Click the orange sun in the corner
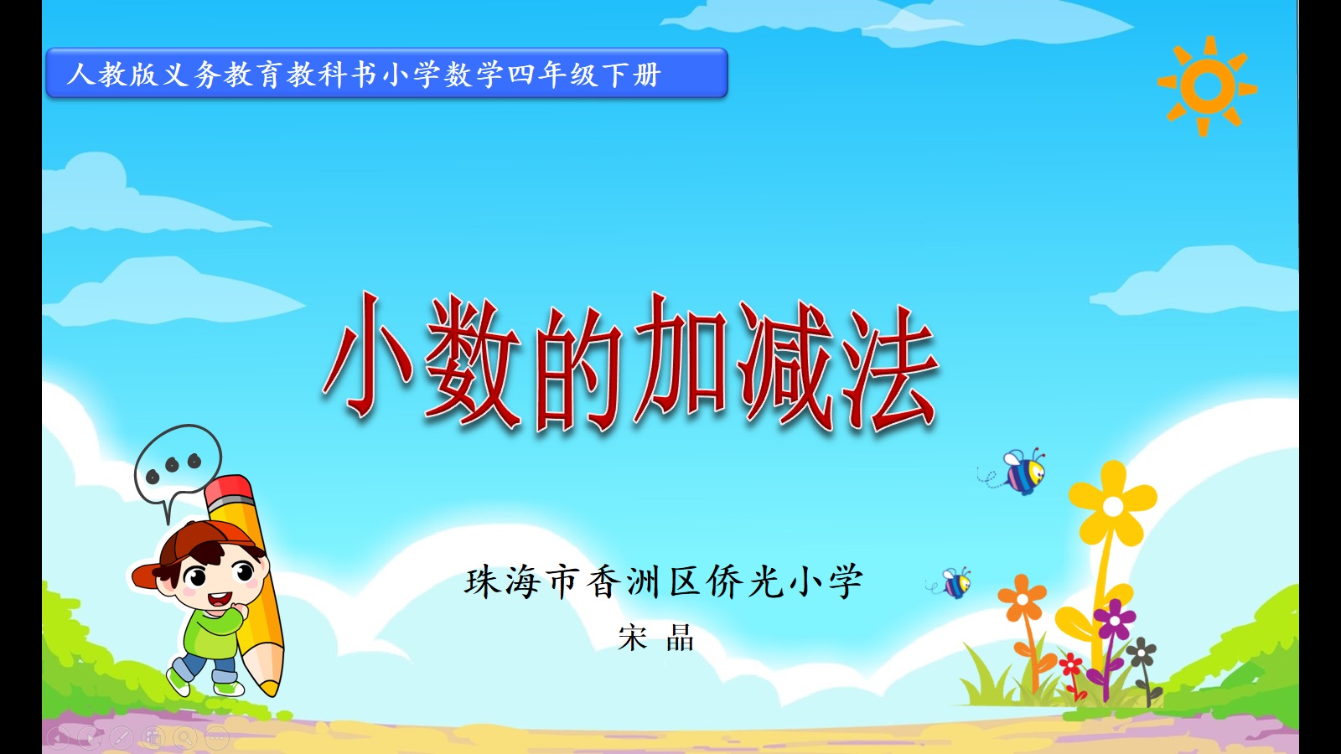[x=1207, y=86]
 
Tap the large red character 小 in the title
[x=368, y=357]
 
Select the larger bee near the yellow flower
[x=1017, y=472]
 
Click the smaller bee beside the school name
[x=952, y=583]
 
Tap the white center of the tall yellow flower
[x=1113, y=507]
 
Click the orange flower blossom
[x=1022, y=598]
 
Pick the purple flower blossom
[x=1114, y=619]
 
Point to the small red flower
[x=1070, y=664]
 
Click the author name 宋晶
[x=656, y=638]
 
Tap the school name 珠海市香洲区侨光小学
[x=663, y=581]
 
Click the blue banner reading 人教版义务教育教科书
[x=386, y=73]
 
